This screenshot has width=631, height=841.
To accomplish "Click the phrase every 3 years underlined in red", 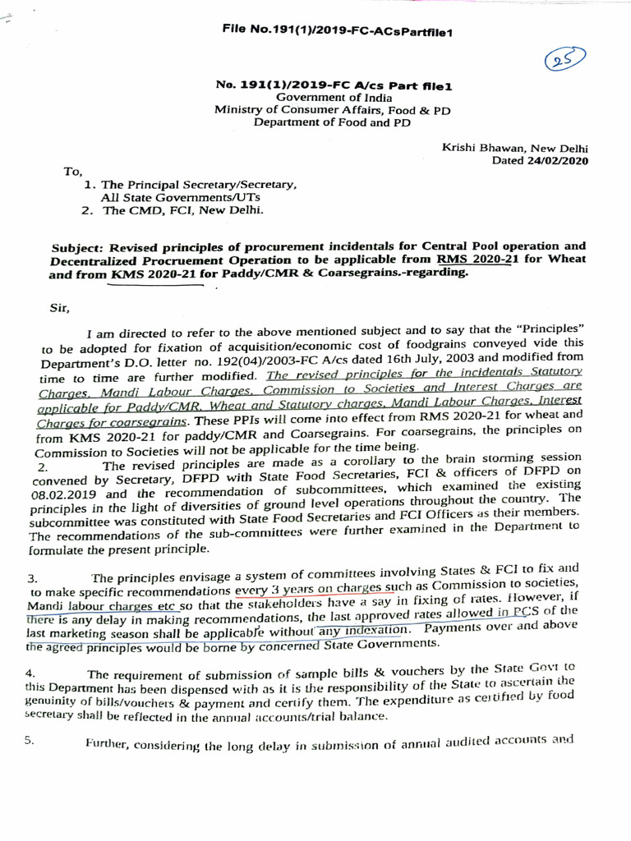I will pyautogui.click(x=271, y=590).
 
